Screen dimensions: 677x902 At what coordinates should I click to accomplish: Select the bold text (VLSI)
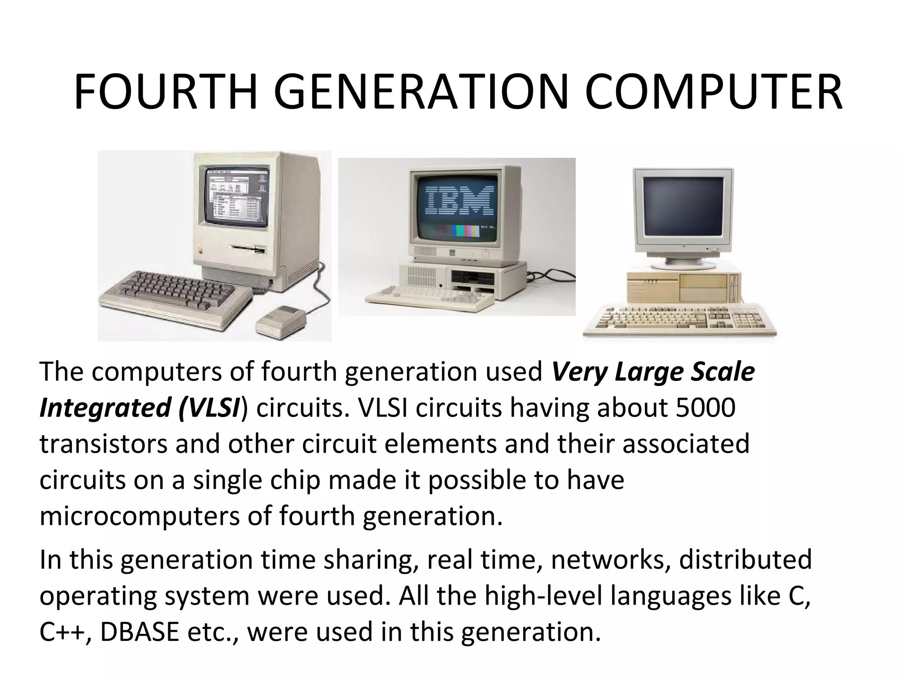point(211,408)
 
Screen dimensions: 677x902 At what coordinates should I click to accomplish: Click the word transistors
point(104,444)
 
